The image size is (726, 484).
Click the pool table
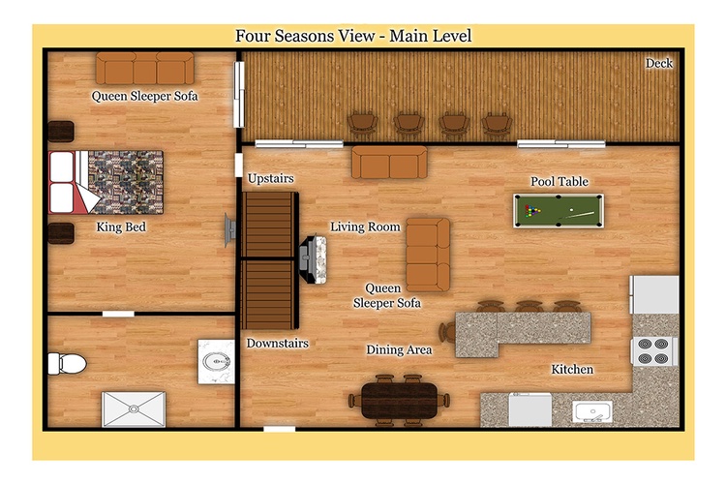pyautogui.click(x=559, y=211)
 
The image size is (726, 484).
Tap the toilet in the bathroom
pyautogui.click(x=67, y=364)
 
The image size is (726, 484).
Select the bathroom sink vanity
pyautogui.click(x=216, y=362)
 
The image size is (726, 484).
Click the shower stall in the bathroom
pyautogui.click(x=134, y=408)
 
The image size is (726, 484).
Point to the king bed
pyautogui.click(x=106, y=182)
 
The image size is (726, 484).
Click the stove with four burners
pyautogui.click(x=653, y=351)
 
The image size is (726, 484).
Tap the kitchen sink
pyautogui.click(x=592, y=411)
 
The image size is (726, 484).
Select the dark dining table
pyautogui.click(x=399, y=400)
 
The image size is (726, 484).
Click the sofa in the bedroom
pyautogui.click(x=145, y=68)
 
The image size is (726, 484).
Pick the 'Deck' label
pyautogui.click(x=659, y=63)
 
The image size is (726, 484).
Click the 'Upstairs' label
pyautogui.click(x=271, y=178)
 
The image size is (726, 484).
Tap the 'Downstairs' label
pyautogui.click(x=278, y=344)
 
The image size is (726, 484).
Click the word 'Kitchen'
pyautogui.click(x=572, y=369)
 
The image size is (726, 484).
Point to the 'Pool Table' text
pyautogui.click(x=560, y=181)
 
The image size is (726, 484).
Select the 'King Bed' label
pyautogui.click(x=121, y=227)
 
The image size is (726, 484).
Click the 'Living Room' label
pyautogui.click(x=365, y=227)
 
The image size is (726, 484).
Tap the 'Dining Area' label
pyautogui.click(x=399, y=349)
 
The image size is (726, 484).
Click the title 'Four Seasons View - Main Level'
pyautogui.click(x=353, y=36)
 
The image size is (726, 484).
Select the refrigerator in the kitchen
pyautogui.click(x=653, y=294)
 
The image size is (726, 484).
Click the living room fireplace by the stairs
pyautogui.click(x=314, y=259)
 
